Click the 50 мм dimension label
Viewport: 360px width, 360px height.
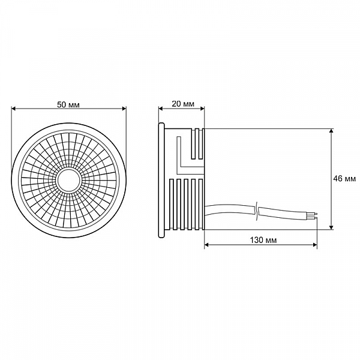click(69, 103)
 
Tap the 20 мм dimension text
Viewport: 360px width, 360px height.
click(182, 103)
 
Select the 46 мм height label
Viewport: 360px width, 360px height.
click(345, 178)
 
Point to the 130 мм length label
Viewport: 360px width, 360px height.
click(261, 239)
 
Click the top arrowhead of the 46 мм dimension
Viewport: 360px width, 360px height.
click(332, 131)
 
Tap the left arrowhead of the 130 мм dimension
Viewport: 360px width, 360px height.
click(208, 245)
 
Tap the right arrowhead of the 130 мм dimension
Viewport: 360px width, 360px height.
click(314, 245)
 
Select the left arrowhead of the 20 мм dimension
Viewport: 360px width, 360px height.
click(161, 109)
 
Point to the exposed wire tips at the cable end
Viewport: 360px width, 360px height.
click(313, 213)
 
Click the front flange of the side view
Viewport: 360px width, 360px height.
click(161, 178)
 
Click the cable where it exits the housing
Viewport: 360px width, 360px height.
click(213, 210)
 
